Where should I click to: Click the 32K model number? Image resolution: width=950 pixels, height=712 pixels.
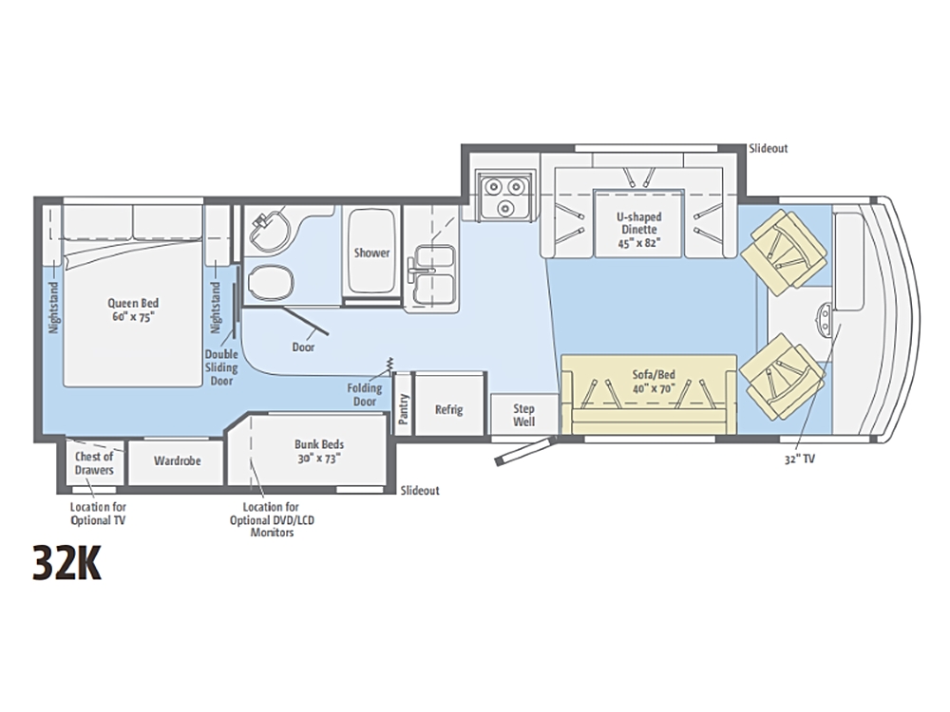pos(67,564)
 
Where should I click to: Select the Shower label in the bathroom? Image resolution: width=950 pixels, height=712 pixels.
pos(372,253)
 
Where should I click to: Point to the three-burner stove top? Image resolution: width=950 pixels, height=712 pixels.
pos(504,195)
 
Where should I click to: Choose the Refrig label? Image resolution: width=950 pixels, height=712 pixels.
pos(449,410)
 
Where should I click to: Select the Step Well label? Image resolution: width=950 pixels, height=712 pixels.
pos(524,415)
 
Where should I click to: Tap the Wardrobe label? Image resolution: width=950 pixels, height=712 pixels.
pos(177,460)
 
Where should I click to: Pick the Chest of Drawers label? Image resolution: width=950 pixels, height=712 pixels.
pos(94,463)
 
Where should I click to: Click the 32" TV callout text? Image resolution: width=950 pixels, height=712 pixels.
pos(800,459)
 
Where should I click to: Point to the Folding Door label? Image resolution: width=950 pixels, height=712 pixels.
pos(365,395)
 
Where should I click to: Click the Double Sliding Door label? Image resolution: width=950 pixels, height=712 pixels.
pos(221,367)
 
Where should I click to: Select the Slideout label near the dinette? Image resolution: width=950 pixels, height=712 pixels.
pos(769,148)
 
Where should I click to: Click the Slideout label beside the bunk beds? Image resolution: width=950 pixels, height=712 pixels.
pos(420,491)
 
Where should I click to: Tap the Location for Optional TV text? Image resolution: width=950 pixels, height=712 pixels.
pos(98,514)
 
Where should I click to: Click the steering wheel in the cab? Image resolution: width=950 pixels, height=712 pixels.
pos(826,318)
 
